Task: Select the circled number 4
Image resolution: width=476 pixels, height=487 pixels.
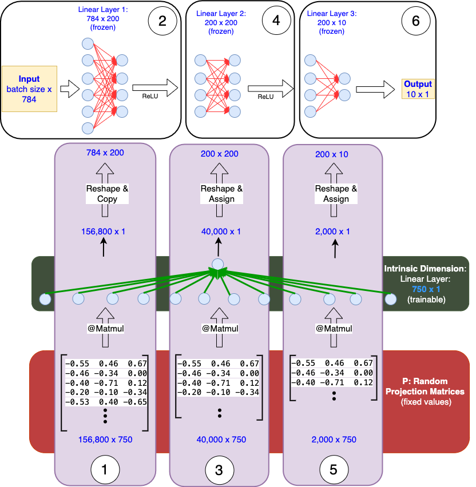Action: [276, 21]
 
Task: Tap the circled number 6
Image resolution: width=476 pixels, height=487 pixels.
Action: [415, 21]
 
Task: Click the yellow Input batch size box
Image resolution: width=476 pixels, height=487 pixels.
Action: [29, 89]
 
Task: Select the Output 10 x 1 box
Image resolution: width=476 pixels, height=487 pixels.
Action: [418, 89]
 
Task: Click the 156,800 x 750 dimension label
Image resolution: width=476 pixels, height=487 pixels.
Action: [105, 440]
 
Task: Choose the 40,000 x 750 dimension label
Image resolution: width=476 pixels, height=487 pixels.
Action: [220, 440]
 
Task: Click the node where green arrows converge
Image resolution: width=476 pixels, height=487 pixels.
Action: [217, 264]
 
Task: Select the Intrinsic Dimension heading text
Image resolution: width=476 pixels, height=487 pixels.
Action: [426, 268]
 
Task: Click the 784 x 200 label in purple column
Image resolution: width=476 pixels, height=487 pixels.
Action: [105, 153]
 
